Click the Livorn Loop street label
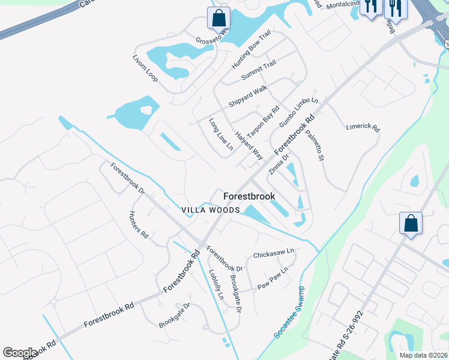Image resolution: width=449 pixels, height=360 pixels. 145,68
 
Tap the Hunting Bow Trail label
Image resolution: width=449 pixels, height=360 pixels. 252,49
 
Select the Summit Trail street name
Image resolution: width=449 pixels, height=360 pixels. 259,71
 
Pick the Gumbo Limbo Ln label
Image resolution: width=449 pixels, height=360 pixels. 298,110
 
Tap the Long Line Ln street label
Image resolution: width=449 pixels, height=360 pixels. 220,134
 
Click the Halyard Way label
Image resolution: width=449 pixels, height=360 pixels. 249,145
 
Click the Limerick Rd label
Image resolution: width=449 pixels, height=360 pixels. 363,128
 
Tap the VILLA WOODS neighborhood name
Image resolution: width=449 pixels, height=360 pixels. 212,210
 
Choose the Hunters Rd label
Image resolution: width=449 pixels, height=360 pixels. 139,225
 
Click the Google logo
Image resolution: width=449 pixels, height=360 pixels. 20,353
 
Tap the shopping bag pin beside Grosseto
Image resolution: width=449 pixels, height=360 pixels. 218,17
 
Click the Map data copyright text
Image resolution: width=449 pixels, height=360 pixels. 426,355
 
